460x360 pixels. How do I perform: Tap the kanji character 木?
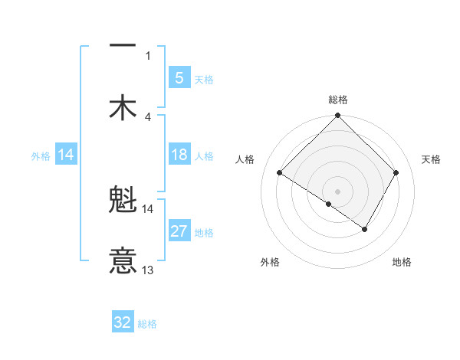(123, 106)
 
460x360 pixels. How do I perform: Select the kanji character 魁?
(123, 201)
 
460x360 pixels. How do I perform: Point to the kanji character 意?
(123, 260)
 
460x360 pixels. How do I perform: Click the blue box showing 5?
(179, 77)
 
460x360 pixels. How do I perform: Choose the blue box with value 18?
(179, 155)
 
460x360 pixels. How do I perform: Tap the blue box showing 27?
(179, 232)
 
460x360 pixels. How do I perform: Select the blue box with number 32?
(123, 322)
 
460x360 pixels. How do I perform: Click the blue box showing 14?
(66, 155)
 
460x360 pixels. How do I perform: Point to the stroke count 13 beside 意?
(148, 270)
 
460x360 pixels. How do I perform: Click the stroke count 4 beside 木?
(148, 116)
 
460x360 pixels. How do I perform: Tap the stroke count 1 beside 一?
(148, 56)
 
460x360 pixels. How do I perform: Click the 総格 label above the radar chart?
(337, 100)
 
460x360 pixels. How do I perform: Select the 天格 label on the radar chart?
(432, 159)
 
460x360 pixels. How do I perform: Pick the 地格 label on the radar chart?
(402, 262)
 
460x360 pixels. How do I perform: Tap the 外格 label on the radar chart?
(270, 262)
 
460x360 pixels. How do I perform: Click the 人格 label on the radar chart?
(245, 159)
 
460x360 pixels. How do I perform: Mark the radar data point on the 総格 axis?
(337, 116)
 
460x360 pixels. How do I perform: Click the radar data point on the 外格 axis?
(329, 204)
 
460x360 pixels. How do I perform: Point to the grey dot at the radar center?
(337, 191)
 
